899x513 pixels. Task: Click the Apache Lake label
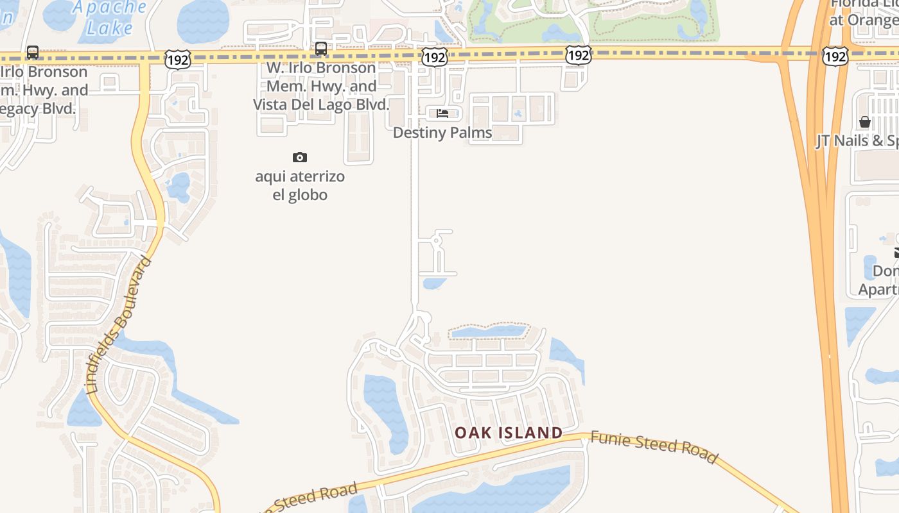click(109, 17)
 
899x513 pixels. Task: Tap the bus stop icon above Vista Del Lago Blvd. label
click(321, 48)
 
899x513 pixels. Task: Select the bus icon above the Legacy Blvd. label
click(33, 53)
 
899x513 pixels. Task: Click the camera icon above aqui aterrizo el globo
click(300, 157)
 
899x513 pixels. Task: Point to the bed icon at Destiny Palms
click(442, 114)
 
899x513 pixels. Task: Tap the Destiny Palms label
click(442, 133)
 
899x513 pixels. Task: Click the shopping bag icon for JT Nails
click(865, 122)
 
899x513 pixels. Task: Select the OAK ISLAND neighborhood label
click(509, 433)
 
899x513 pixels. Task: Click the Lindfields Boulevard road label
click(119, 325)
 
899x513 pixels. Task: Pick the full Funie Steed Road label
click(654, 446)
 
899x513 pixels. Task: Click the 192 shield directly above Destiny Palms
click(435, 58)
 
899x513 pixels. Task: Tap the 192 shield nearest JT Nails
click(835, 56)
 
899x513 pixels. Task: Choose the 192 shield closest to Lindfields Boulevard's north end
click(177, 60)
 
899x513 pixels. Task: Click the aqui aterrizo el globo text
click(300, 185)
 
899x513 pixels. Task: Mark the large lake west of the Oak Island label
click(386, 410)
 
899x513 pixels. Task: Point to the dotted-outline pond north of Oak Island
click(488, 332)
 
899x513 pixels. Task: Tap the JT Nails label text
click(857, 141)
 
